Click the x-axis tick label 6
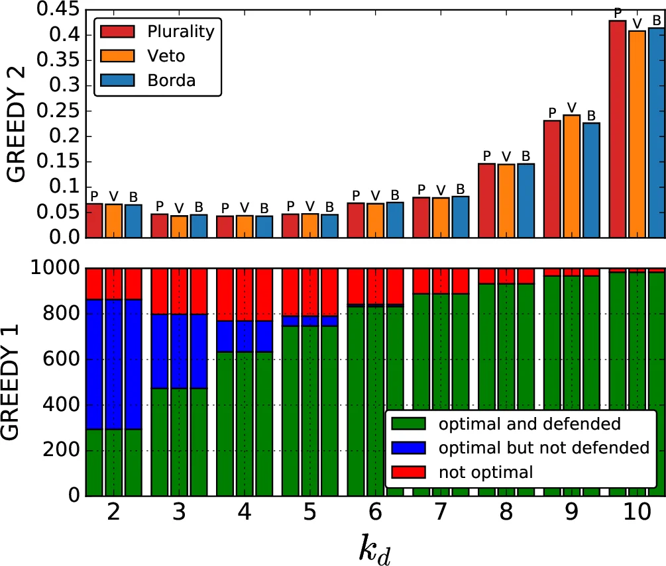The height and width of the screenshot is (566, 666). click(x=375, y=515)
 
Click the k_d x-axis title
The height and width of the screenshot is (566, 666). click(x=375, y=549)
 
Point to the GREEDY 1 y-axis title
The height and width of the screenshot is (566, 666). click(x=16, y=382)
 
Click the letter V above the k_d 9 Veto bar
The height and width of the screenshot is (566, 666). click(x=572, y=107)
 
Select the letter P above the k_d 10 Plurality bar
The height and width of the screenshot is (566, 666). click(x=618, y=13)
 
